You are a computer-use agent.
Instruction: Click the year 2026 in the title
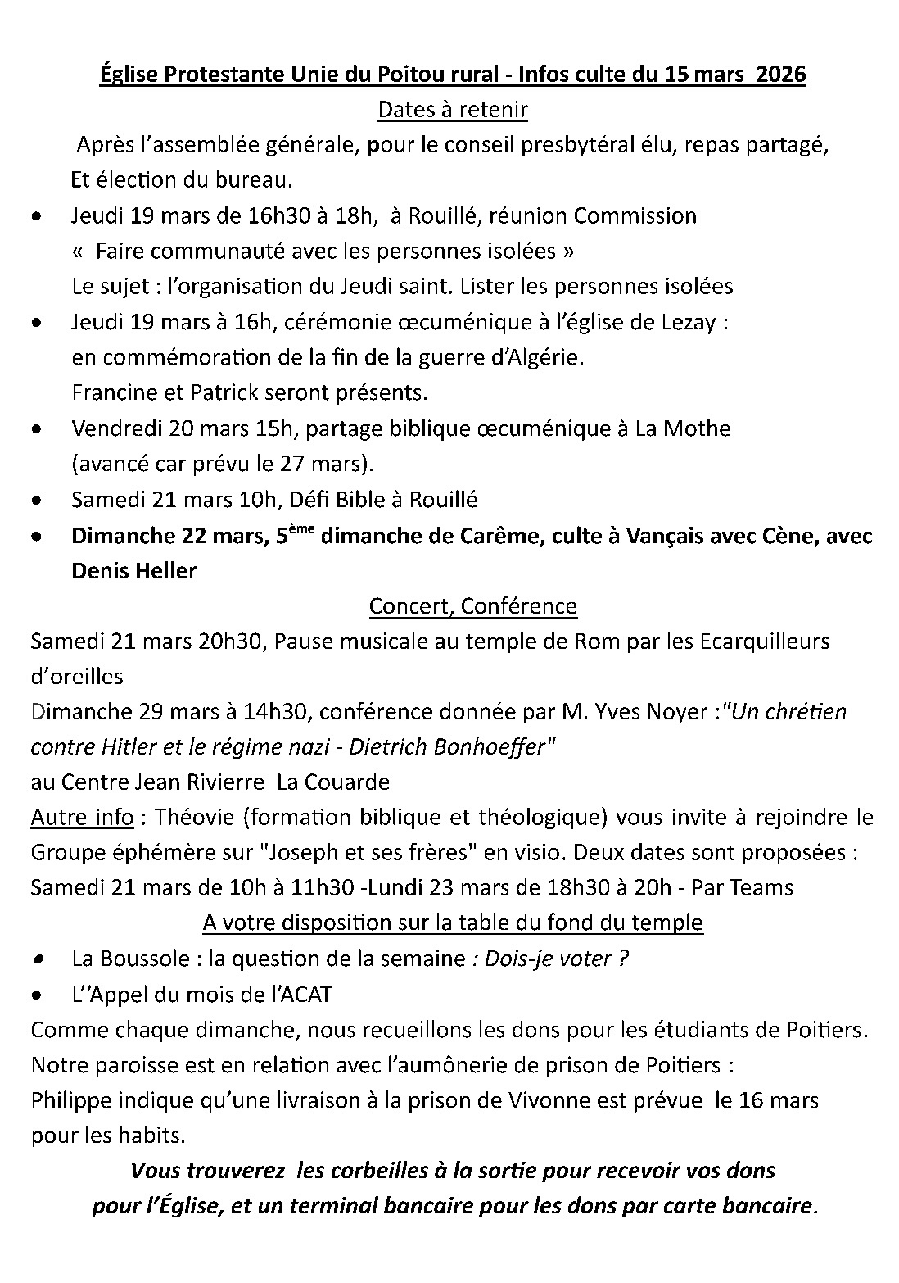[x=781, y=75]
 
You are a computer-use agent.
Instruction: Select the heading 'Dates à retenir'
[x=452, y=110]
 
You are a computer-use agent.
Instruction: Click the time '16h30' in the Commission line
[x=274, y=216]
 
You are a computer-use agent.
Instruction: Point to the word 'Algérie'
[x=553, y=358]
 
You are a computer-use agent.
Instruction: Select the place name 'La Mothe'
[x=683, y=428]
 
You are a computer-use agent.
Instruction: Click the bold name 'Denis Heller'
[x=134, y=571]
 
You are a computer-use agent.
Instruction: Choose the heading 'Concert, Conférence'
[x=473, y=606]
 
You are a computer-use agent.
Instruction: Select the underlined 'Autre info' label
[x=82, y=818]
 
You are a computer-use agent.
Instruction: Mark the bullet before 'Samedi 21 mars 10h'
[x=36, y=500]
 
